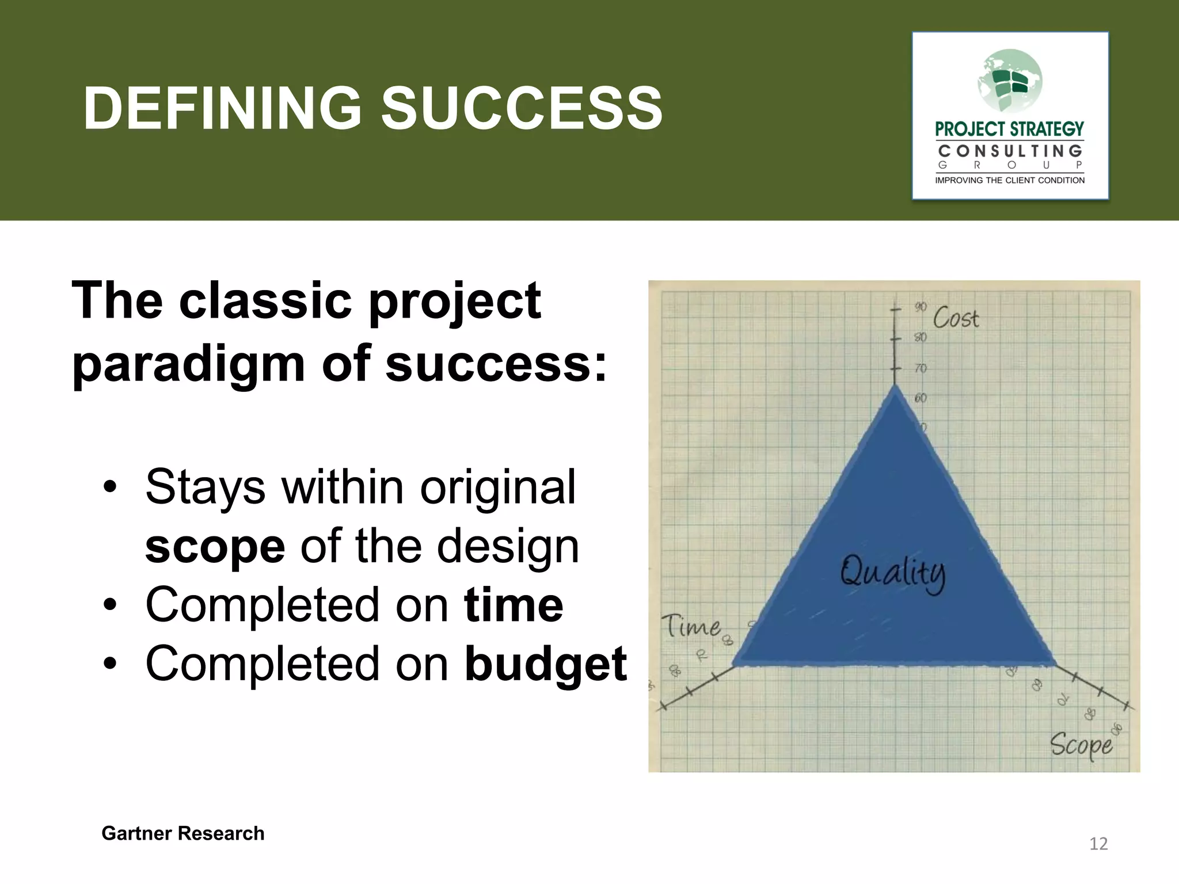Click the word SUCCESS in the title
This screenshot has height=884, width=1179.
522,108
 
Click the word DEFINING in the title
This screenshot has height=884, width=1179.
222,108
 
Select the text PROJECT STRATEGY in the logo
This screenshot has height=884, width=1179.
1009,129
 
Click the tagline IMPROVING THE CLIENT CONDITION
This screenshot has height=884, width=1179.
1010,180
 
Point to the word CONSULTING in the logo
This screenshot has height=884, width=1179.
1010,151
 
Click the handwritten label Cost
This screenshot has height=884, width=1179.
956,318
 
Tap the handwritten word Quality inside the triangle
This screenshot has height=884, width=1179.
892,573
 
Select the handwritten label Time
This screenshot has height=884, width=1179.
690,626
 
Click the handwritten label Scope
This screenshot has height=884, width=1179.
1081,745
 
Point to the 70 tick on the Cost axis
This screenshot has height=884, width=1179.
921,368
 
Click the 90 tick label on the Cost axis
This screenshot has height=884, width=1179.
921,307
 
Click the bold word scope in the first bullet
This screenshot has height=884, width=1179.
215,547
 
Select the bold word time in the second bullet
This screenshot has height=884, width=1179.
514,605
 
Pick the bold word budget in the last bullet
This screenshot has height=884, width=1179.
545,665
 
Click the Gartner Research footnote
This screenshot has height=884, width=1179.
182,833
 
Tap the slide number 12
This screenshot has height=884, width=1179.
1098,844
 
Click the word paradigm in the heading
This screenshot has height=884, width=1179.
188,364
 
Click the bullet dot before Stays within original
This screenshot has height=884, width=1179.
110,488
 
